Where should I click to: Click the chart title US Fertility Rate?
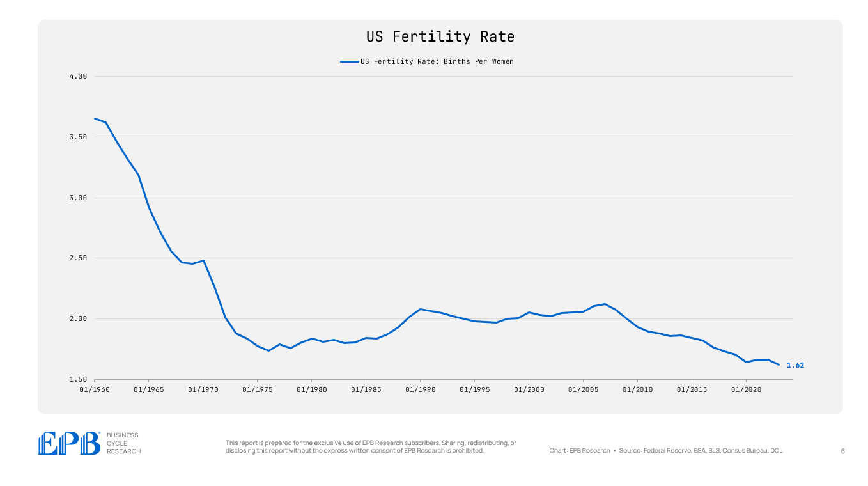click(x=440, y=37)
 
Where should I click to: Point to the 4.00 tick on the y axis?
click(x=78, y=77)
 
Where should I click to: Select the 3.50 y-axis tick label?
click(x=78, y=137)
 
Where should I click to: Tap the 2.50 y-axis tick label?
click(x=78, y=258)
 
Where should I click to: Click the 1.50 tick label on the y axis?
click(x=78, y=379)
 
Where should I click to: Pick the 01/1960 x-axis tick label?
click(x=94, y=389)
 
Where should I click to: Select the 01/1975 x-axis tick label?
click(x=256, y=389)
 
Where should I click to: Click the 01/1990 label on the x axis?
click(x=419, y=389)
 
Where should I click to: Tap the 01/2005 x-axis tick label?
click(x=582, y=389)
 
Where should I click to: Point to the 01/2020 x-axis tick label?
click(x=745, y=389)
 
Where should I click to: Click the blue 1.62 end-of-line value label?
click(x=795, y=365)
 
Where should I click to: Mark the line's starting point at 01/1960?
click(x=95, y=118)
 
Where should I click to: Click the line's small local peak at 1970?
click(x=203, y=260)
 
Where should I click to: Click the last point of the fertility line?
click(x=779, y=364)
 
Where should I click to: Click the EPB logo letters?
click(x=69, y=443)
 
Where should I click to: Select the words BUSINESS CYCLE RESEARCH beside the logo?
click(x=123, y=443)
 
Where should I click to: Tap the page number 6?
click(x=842, y=451)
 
